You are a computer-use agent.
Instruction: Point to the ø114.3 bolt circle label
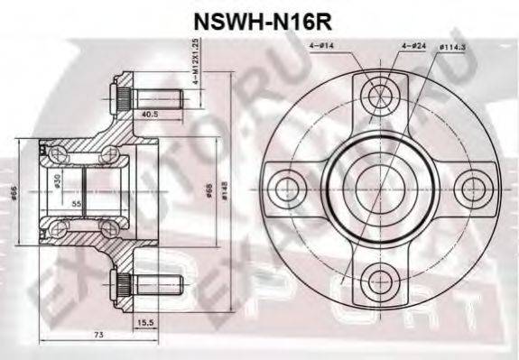click(451, 43)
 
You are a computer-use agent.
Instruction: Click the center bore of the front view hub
click(379, 189)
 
